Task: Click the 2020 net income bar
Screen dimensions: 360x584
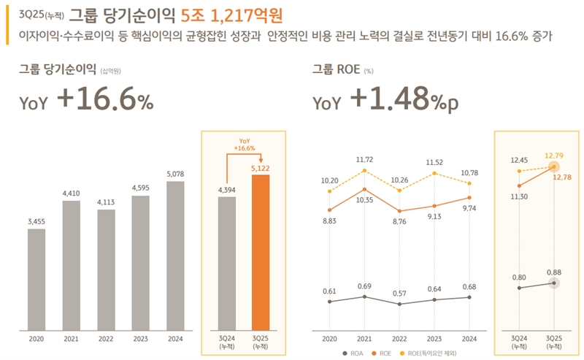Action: click(x=36, y=278)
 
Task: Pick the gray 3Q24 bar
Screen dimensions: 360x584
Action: click(x=227, y=262)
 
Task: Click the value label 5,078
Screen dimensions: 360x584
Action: click(x=175, y=174)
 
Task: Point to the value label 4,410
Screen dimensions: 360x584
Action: click(x=72, y=194)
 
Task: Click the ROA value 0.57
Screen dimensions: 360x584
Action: click(x=399, y=293)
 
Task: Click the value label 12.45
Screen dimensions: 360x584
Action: click(x=519, y=160)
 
